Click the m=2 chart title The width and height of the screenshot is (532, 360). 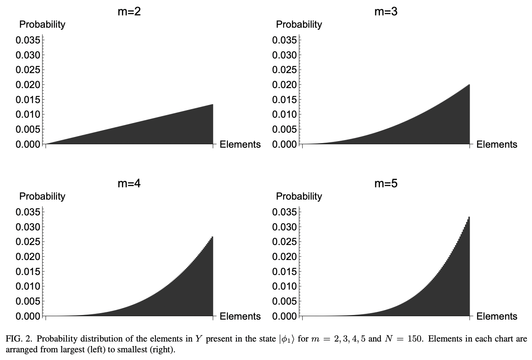129,12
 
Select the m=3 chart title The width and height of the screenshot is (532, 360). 386,12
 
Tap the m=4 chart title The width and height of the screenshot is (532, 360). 129,183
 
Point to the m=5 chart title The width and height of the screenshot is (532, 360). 386,183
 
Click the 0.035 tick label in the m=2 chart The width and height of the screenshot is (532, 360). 28,40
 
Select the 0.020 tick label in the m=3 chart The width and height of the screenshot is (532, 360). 284,85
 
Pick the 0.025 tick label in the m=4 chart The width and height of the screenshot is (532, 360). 28,242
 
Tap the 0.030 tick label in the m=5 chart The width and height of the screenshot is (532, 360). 284,227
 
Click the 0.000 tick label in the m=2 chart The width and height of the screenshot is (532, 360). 28,144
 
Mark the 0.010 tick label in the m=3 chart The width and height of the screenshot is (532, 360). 284,115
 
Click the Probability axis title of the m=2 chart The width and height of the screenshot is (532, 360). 42,25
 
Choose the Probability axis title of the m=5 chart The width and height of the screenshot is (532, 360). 299,197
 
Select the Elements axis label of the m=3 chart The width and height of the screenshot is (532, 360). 497,145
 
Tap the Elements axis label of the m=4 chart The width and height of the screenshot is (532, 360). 240,317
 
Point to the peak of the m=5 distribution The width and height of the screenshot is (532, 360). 469,217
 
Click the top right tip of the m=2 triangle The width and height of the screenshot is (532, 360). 212,105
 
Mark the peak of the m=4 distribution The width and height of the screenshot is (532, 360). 212,237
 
